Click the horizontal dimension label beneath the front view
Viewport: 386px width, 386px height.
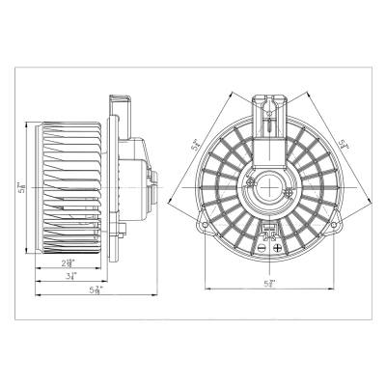click(271, 283)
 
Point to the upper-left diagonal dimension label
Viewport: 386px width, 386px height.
click(197, 147)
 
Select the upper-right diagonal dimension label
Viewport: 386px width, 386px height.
click(344, 147)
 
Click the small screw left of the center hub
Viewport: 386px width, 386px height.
click(249, 180)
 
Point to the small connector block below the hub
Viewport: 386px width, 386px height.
click(270, 229)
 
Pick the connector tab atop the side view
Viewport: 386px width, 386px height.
click(121, 101)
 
